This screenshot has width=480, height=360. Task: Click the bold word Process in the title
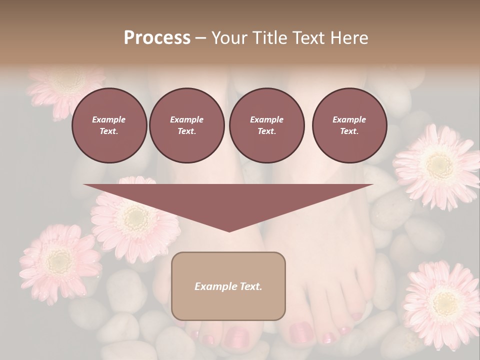(157, 38)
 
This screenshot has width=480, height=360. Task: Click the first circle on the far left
(109, 125)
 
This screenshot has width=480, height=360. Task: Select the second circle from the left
(186, 125)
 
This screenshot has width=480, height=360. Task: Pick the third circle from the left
(266, 125)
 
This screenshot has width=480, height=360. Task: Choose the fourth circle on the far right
(349, 125)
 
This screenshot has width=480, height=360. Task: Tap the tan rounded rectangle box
(228, 286)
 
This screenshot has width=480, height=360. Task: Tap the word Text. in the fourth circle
(349, 131)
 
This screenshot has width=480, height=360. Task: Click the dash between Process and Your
(201, 38)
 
